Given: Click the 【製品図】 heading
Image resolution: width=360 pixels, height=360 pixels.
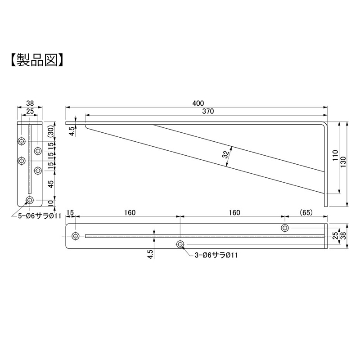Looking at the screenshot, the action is (37, 60).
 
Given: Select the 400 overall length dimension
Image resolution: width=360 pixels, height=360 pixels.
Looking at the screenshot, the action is (198, 103).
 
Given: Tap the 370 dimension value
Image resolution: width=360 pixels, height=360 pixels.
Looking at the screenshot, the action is (208, 111).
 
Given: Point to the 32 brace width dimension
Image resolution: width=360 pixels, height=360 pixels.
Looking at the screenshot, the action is (226, 154).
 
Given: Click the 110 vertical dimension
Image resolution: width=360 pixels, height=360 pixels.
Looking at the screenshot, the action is (335, 155).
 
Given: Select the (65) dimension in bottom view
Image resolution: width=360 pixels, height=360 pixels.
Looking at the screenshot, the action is (306, 212).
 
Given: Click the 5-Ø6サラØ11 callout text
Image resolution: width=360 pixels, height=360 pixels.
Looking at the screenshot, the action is (40, 216).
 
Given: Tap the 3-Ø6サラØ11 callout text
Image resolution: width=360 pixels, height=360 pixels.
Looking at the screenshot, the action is (216, 255).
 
